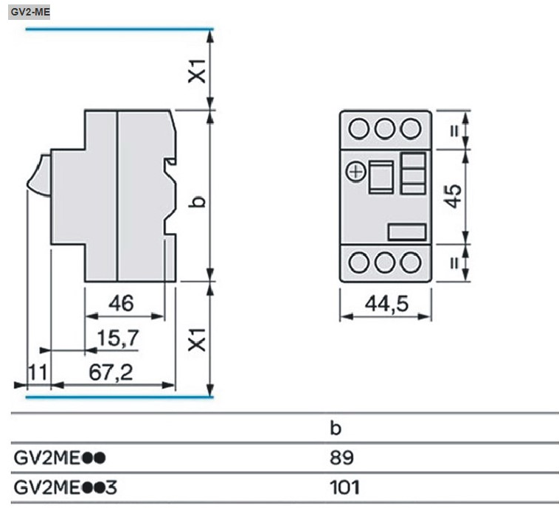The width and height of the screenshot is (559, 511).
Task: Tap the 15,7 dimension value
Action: tap(117, 338)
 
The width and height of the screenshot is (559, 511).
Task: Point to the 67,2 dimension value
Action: tap(112, 373)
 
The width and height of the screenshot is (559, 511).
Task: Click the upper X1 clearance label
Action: tap(195, 70)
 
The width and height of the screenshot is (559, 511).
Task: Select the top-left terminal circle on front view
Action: tap(358, 127)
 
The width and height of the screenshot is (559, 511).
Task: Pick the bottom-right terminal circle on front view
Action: tap(411, 262)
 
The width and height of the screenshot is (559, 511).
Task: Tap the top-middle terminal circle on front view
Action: tap(384, 127)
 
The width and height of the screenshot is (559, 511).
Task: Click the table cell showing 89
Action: tap(341, 458)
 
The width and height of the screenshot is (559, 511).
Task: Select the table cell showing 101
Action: tap(344, 487)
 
